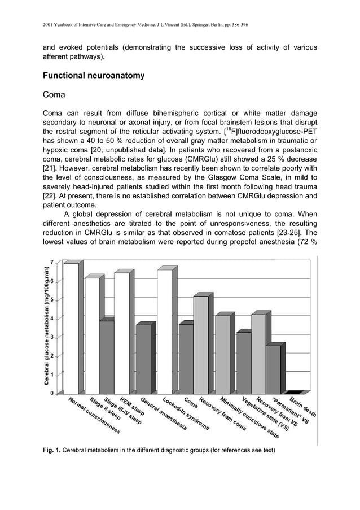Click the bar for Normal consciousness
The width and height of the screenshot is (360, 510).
point(71,328)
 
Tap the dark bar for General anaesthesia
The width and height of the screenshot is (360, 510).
point(143,359)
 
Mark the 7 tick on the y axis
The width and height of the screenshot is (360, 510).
point(52,263)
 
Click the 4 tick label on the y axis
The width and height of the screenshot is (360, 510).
point(52,319)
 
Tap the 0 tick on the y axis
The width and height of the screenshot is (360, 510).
point(52,393)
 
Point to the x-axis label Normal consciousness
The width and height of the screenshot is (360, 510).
point(94,416)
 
